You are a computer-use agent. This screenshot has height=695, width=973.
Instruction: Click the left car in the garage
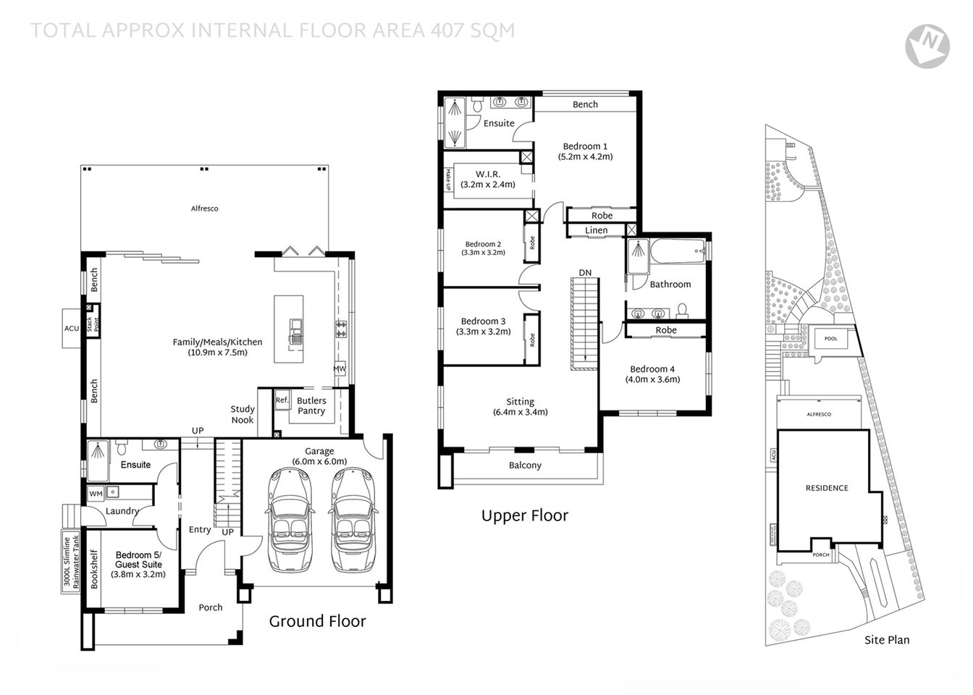tap(290, 519)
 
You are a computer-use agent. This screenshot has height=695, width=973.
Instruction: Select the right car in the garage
tap(354, 519)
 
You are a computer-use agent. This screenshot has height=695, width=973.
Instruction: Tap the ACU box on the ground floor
tap(72, 328)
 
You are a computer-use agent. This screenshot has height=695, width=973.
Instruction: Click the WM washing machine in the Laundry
tap(96, 494)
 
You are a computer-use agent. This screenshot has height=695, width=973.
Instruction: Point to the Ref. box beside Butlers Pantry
tap(282, 400)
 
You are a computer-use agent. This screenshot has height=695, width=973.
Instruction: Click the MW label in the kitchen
tap(340, 368)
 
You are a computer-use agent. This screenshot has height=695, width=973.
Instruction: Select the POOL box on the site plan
tap(830, 339)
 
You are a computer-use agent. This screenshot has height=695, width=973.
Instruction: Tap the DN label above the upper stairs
tap(585, 273)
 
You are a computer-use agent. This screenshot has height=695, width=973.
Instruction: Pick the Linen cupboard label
tap(596, 230)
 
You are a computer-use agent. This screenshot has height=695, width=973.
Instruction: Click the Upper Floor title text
tap(525, 515)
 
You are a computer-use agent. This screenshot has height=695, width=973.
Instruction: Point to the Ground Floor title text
tap(317, 621)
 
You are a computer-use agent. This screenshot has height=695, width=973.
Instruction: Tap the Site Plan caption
tap(887, 640)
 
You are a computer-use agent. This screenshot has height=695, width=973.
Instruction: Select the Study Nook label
tap(243, 415)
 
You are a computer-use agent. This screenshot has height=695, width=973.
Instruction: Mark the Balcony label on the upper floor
tap(525, 466)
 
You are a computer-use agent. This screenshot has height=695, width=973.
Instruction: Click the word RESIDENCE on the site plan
tap(827, 488)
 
